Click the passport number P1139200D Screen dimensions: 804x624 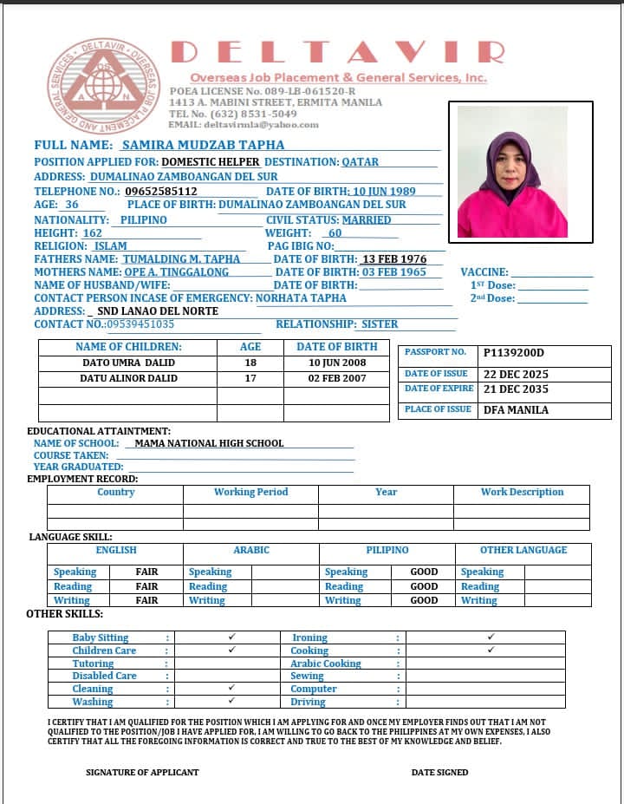tap(514, 353)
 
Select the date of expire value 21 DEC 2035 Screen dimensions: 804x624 tap(516, 389)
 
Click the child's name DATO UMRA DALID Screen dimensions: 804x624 tap(128, 363)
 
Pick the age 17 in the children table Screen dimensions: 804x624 tap(250, 378)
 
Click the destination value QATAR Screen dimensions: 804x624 tap(360, 161)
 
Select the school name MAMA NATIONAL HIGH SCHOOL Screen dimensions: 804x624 tap(210, 443)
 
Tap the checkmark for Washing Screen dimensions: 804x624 tap(231, 701)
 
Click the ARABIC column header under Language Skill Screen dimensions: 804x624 tap(251, 550)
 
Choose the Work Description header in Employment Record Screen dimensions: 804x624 tap(522, 492)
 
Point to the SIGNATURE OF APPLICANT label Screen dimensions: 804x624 tap(142, 772)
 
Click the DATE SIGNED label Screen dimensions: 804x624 tap(439, 772)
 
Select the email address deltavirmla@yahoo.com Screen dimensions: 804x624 tap(244, 125)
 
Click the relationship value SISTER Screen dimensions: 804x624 tap(380, 324)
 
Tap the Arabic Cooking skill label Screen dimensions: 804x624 tap(326, 663)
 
